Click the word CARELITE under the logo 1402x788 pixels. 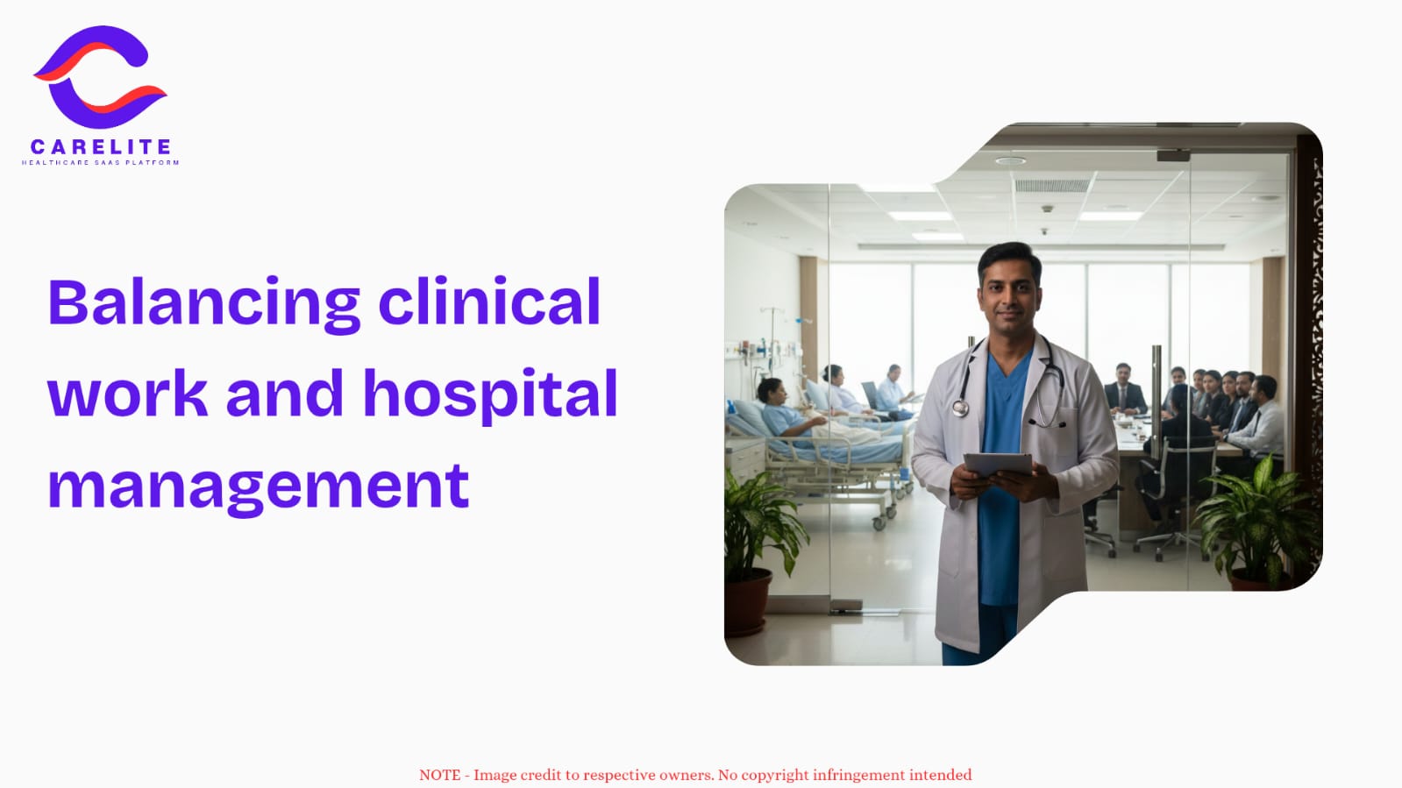(x=101, y=147)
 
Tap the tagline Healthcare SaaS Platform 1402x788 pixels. (x=101, y=163)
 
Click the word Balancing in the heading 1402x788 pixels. (x=204, y=303)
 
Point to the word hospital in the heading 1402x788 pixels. (x=490, y=395)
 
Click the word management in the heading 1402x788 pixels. (x=259, y=487)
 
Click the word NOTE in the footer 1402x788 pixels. (x=440, y=775)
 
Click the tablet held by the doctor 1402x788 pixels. (x=998, y=464)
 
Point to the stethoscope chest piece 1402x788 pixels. (x=961, y=408)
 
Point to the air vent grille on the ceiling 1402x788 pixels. (x=1052, y=185)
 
